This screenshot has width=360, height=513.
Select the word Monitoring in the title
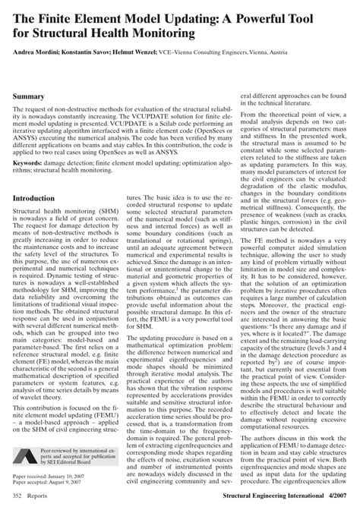pos(162,35)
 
